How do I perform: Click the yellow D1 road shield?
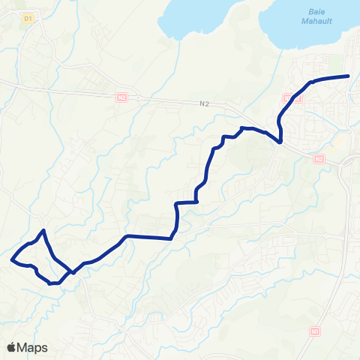[28, 18]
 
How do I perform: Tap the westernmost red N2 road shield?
[122, 97]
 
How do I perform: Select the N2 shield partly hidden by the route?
[291, 97]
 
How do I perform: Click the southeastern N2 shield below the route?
[319, 159]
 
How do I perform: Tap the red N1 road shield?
[314, 330]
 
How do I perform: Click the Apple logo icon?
[11, 347]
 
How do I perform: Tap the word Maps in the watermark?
[32, 347]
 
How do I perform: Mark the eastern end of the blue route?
[349, 76]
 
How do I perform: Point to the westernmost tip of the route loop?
[12, 260]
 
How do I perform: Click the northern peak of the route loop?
[44, 230]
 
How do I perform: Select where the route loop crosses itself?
[73, 272]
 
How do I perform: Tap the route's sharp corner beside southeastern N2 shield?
[280, 142]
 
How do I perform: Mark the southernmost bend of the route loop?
[51, 283]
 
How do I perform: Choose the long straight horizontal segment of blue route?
[150, 237]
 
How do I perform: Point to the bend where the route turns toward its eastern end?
[310, 82]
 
